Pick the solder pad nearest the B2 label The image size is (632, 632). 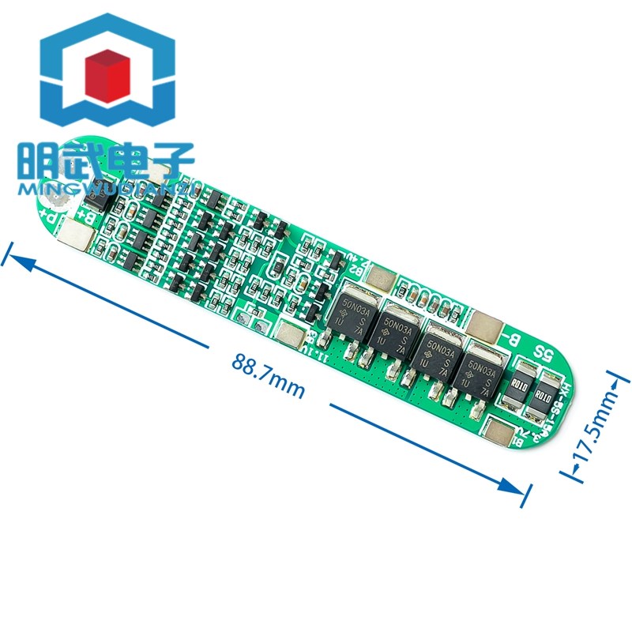(381, 276)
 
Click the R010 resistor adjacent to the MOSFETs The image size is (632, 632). (518, 386)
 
